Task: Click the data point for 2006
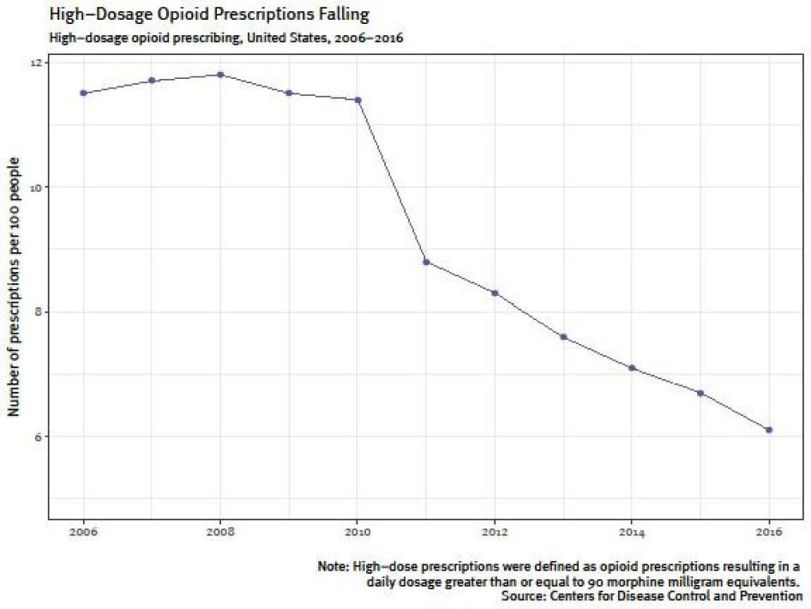click(83, 93)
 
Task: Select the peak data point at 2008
click(220, 75)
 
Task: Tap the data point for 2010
click(357, 99)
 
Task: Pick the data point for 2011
click(426, 262)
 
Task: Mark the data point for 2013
click(563, 336)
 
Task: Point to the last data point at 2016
click(769, 430)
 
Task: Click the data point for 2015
click(700, 393)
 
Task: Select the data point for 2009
click(289, 93)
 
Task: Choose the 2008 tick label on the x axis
click(220, 532)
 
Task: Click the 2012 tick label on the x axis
click(495, 532)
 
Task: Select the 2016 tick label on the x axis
click(769, 532)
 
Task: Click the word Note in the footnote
click(333, 567)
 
